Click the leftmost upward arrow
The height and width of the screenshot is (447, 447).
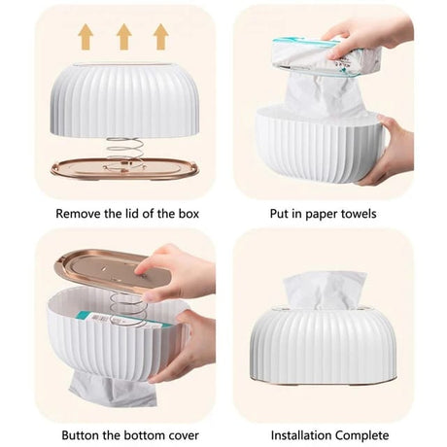click(x=86, y=37)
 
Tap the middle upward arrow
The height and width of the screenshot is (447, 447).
click(x=124, y=37)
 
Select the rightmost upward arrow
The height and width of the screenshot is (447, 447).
click(x=161, y=37)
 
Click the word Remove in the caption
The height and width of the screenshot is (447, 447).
click(x=78, y=214)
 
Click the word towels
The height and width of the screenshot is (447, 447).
click(x=359, y=214)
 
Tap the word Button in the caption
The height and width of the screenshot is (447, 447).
click(x=81, y=435)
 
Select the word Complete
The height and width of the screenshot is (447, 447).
click(x=362, y=435)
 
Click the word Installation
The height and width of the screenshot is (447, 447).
click(x=301, y=435)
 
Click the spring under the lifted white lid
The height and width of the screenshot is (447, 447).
click(x=124, y=149)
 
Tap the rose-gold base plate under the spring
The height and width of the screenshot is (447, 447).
click(x=124, y=168)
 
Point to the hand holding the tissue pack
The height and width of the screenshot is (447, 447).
click(x=369, y=36)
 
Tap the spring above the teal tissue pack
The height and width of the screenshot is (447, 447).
click(x=125, y=308)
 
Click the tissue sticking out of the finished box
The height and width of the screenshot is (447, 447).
click(x=325, y=289)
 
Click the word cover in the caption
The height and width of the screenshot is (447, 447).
click(x=182, y=435)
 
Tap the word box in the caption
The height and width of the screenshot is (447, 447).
click(x=189, y=214)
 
